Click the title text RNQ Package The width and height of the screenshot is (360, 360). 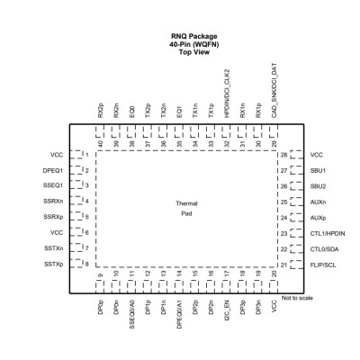(194, 36)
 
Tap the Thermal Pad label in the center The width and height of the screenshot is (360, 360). (186, 209)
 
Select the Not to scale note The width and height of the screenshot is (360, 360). (297, 298)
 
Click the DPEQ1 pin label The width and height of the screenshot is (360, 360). (53, 171)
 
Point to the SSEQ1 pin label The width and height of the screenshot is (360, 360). (53, 185)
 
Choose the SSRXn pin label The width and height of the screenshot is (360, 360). (53, 201)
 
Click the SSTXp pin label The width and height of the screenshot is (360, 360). (54, 265)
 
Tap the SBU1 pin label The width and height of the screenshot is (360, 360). (318, 171)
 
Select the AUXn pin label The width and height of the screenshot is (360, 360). (318, 202)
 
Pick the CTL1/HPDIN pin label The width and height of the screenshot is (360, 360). (328, 233)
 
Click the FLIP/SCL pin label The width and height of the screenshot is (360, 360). (323, 265)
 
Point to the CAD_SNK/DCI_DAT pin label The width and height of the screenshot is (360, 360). (274, 90)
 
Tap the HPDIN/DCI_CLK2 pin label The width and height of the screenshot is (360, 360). (227, 94)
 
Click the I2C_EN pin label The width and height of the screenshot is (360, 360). (227, 315)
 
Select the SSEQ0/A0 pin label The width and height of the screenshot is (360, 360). (132, 318)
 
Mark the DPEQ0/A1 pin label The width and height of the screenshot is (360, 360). (179, 318)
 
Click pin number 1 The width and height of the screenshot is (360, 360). (87, 155)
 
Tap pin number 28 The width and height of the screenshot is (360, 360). (284, 155)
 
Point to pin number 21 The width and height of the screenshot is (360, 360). (283, 265)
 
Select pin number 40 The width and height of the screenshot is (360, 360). (101, 144)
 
